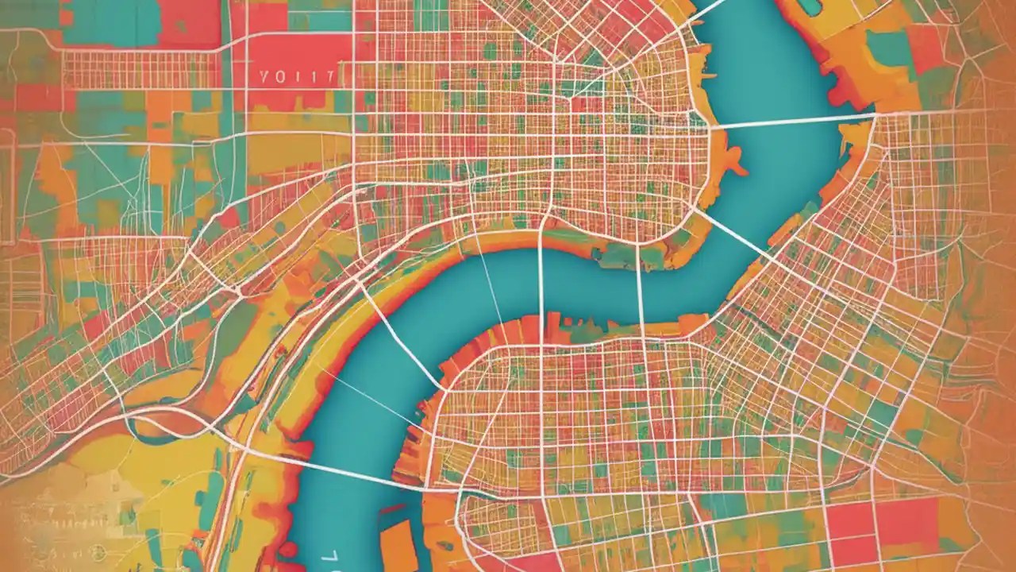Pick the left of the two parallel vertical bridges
click(541, 286)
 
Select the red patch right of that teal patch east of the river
click(925, 48)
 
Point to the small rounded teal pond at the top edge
click(810, 6)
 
